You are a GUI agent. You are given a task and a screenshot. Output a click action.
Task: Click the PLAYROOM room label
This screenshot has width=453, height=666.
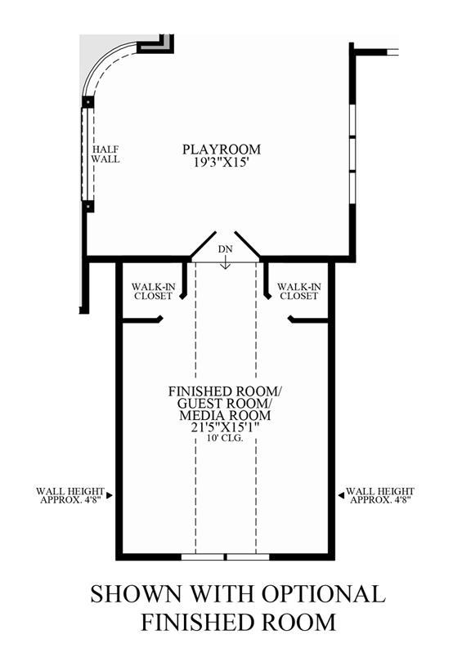coord(222,150)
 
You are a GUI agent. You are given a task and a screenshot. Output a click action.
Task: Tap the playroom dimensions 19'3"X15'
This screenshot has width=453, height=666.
coord(221,163)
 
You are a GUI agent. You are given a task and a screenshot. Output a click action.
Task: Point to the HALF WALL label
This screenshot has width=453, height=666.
coord(105,154)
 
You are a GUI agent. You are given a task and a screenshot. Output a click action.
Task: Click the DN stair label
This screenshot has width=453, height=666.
coord(225,249)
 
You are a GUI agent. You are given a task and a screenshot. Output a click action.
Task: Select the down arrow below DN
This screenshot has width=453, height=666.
coord(225,263)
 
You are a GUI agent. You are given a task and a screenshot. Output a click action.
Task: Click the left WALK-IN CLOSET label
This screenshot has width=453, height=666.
coord(153,292)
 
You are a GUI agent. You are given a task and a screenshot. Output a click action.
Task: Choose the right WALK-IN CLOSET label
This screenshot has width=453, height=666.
coord(299,292)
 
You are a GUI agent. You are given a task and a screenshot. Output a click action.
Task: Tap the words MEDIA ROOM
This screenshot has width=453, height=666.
coord(225,415)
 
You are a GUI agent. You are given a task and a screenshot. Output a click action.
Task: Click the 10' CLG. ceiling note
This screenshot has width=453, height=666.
coord(225,438)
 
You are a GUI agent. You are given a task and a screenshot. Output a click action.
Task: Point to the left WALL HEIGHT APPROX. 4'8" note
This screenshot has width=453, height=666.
coord(70,495)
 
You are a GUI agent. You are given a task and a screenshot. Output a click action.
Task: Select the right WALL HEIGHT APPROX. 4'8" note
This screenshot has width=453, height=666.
coord(380,495)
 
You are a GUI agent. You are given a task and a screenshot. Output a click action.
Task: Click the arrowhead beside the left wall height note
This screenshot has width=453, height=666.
coord(110,495)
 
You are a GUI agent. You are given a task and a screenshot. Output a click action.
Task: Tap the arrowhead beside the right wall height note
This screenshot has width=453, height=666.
coord(341,495)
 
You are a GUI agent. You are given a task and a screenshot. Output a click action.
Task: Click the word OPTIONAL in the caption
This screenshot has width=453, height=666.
coord(323,593)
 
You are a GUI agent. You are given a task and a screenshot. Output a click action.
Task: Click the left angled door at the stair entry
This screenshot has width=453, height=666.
coord(203,245)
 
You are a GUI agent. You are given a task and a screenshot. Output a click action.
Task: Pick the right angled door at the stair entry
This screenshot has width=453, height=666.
coord(247,245)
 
